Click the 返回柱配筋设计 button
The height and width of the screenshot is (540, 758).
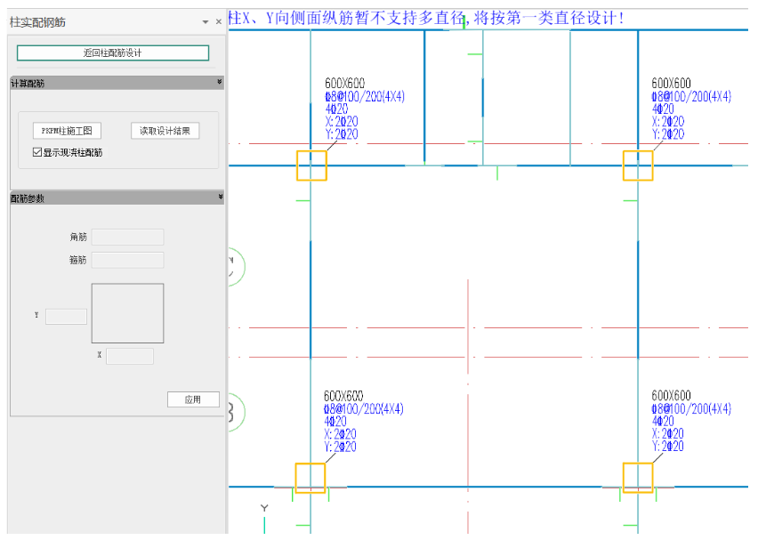pos(113,53)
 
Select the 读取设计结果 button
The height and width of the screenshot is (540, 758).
pos(165,131)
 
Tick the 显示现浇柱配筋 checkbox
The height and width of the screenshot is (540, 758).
pos(36,152)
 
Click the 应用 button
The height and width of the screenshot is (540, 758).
pos(193,399)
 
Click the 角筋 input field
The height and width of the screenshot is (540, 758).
pos(127,237)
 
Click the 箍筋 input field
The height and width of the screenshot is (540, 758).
pos(127,260)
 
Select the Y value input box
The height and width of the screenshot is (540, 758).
pos(66,316)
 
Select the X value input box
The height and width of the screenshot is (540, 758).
pos(130,356)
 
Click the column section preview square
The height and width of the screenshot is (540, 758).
pos(127,313)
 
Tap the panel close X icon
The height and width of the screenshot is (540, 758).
pos(219,21)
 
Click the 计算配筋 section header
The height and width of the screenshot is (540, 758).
pos(116,83)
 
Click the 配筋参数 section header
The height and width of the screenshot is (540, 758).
pos(116,197)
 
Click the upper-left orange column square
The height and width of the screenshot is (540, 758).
pos(311,165)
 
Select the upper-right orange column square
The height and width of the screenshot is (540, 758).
pos(638,165)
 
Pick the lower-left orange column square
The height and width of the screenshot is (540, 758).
pos(310,478)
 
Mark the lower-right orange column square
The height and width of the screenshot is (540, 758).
pos(638,478)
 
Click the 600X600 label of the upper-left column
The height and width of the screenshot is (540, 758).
pos(344,84)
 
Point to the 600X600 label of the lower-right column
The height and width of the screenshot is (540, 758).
pos(671,396)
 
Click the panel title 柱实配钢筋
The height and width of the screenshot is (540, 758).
pos(37,21)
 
